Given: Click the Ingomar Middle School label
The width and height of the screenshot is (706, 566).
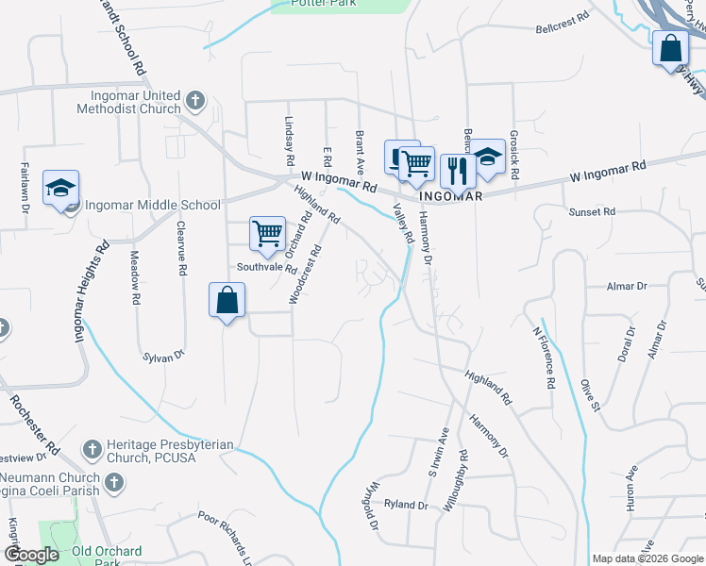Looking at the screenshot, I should click(152, 205).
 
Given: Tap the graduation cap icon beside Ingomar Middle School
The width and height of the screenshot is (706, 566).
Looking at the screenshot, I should click(61, 188).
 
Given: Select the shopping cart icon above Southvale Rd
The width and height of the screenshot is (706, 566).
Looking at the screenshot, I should click(267, 232).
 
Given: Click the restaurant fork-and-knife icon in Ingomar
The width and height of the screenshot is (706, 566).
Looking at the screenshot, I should click(457, 171).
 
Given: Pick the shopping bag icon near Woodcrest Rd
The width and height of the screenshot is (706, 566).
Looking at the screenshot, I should click(227, 301).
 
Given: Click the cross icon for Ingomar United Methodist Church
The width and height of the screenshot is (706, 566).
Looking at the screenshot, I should click(195, 99).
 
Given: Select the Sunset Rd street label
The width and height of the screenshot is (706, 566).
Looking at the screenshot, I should click(592, 212).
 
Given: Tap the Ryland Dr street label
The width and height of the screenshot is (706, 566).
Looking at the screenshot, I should click(406, 505).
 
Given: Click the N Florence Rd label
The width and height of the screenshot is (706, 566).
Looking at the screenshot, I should click(542, 358).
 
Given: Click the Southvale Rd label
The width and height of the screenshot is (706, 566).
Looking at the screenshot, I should click(267, 267).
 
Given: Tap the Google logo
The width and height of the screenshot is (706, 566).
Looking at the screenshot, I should click(32, 555).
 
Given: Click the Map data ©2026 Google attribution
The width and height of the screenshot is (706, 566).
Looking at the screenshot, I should click(647, 558).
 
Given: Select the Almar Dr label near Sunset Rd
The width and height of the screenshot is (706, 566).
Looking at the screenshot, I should click(629, 285).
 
